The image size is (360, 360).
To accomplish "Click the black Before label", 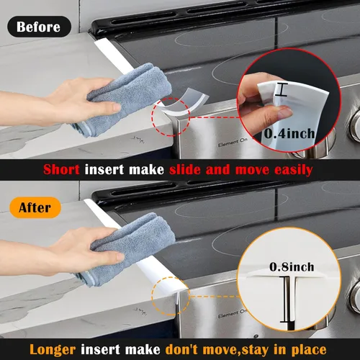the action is pyautogui.click(x=39, y=27).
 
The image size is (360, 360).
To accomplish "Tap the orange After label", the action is pyautogui.click(x=35, y=207).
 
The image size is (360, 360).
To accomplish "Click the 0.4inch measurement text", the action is pyautogui.click(x=289, y=133).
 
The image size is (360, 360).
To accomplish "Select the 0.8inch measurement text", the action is pyautogui.click(x=292, y=267).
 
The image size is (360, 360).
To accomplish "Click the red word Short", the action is pyautogui.click(x=61, y=169).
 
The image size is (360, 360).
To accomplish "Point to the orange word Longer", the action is pyautogui.click(x=53, y=349).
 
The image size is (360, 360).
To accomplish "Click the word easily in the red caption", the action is pyautogui.click(x=293, y=170).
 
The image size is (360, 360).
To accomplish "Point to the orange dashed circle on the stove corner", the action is pyautogui.click(x=171, y=277).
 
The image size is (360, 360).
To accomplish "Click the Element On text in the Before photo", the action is pyautogui.click(x=233, y=143).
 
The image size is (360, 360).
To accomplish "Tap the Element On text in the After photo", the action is pyautogui.click(x=233, y=314).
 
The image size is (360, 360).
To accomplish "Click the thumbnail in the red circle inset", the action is pyautogui.click(x=284, y=112).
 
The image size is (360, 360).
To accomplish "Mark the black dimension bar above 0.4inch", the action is pyautogui.click(x=281, y=89).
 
